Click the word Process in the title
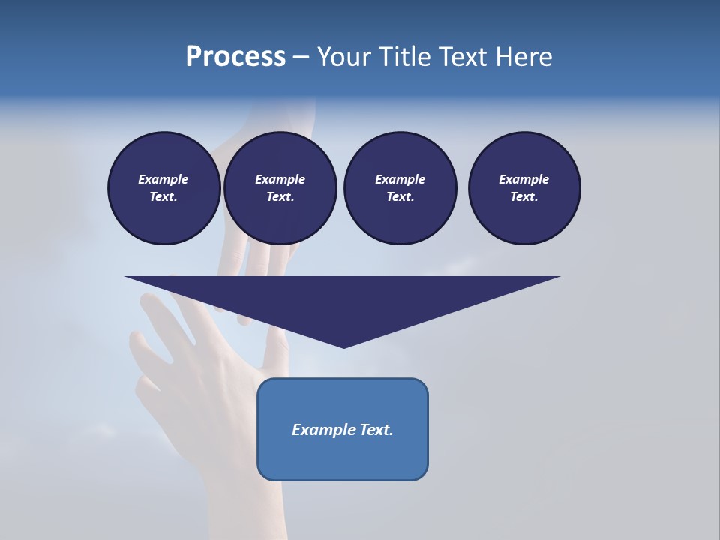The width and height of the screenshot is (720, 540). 235,57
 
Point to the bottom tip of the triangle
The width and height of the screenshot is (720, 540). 343,346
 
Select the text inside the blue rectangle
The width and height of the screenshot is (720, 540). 343,430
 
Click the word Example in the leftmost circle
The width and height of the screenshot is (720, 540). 163,179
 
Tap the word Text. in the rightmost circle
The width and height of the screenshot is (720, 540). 524,196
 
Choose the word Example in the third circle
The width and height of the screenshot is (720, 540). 400,179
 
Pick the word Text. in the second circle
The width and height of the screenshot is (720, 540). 280,196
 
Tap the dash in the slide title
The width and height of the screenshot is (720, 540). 301,57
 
